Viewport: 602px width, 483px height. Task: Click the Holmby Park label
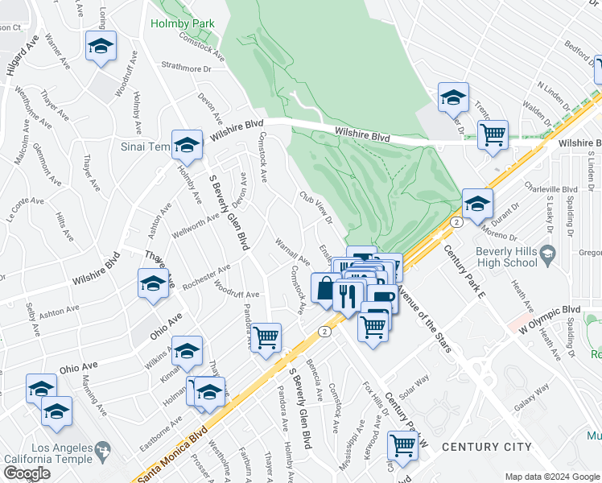pyautogui.click(x=183, y=23)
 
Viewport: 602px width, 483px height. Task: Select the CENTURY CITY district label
pyautogui.click(x=487, y=447)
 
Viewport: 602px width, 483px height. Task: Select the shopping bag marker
pyautogui.click(x=324, y=288)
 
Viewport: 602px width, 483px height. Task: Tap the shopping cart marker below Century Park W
pyautogui.click(x=402, y=444)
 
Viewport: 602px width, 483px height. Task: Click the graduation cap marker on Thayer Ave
pyautogui.click(x=153, y=284)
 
